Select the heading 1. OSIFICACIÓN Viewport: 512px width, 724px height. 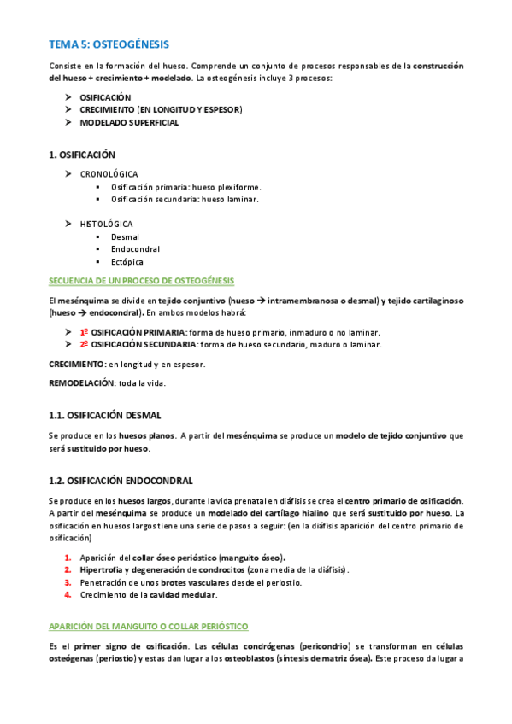[81, 155]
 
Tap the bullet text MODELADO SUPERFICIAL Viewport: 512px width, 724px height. [129, 123]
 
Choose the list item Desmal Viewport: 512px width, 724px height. [125, 236]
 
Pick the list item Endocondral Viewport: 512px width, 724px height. [135, 249]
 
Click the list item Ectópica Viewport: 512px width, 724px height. [127, 262]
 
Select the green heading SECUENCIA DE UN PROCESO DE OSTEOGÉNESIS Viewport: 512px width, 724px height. [141, 281]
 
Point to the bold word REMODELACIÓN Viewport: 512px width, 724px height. [81, 382]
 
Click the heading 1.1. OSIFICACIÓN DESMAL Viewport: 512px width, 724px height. [104, 416]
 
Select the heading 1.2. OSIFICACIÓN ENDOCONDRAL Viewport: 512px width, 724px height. [121, 481]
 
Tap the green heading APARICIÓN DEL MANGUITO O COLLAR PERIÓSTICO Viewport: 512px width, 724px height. [149, 626]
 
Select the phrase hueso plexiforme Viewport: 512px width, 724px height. [231, 187]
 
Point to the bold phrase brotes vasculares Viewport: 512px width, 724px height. [179, 582]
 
